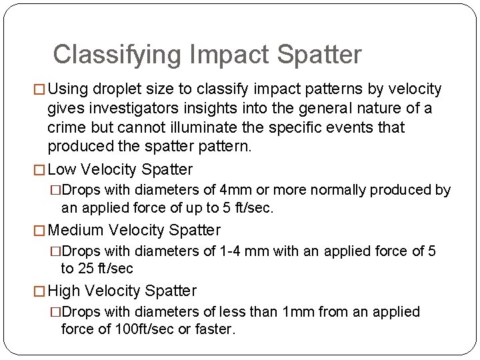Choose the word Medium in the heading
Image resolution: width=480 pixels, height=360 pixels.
[x=76, y=231]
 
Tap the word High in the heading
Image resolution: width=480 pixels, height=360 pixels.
[x=65, y=291]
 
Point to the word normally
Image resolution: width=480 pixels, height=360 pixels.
[x=337, y=190]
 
